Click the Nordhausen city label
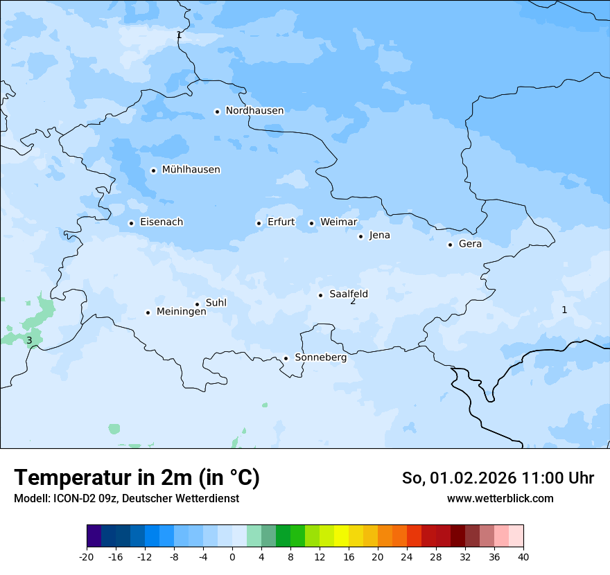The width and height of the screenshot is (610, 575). click(x=254, y=111)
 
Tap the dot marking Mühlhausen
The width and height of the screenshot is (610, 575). click(x=153, y=170)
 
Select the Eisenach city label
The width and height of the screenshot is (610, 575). click(x=162, y=222)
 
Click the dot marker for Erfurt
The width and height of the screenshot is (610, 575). click(x=259, y=223)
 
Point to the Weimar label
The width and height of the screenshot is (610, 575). click(x=338, y=222)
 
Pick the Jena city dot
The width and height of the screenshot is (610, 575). click(x=360, y=236)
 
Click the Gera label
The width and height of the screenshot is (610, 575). click(x=470, y=244)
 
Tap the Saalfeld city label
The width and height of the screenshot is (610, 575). click(x=348, y=294)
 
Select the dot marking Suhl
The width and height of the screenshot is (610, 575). click(x=197, y=304)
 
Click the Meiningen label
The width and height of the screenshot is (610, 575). click(x=181, y=312)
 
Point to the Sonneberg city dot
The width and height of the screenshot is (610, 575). click(x=286, y=358)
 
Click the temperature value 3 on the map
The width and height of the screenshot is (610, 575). click(x=29, y=340)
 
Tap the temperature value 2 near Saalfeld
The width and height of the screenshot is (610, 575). click(x=353, y=301)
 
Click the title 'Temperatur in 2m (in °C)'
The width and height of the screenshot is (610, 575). click(x=137, y=478)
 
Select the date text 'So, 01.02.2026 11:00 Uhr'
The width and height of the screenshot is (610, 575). click(x=498, y=478)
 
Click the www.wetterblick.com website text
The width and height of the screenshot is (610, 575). click(x=500, y=498)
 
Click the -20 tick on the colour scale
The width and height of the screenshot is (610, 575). click(x=87, y=557)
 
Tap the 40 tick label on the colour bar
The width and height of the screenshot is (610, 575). click(x=523, y=557)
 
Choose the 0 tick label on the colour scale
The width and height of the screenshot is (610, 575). click(x=232, y=557)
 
